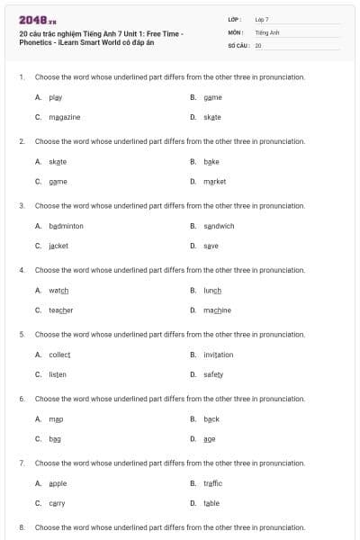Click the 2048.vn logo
click(x=38, y=20)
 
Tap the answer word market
click(x=215, y=181)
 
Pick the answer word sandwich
click(x=219, y=226)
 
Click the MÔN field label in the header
click(x=236, y=31)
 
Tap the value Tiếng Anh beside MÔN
click(x=267, y=31)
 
